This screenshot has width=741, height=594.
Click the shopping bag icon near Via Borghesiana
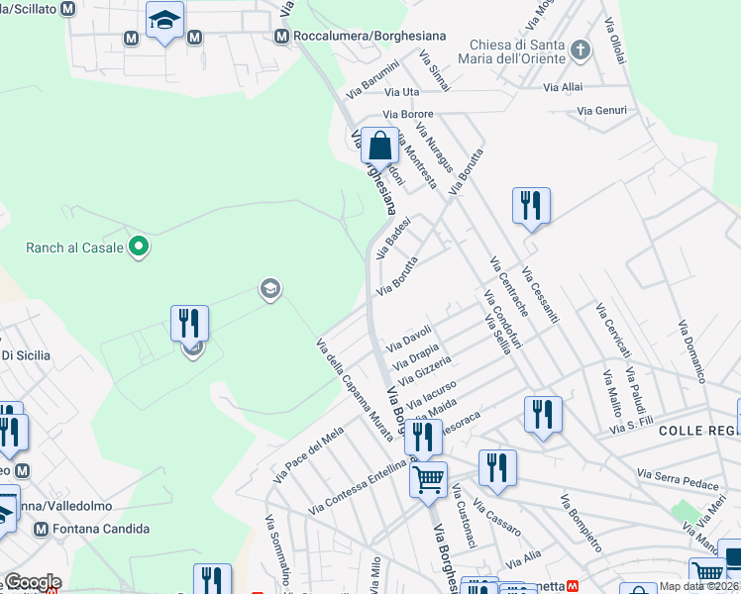tap(379, 147)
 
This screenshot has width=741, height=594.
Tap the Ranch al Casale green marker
tap(140, 247)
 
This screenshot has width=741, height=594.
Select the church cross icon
tap(582, 49)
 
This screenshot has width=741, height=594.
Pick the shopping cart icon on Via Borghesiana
tap(428, 481)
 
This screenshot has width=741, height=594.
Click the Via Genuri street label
tap(601, 110)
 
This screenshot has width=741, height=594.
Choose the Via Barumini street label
tap(372, 79)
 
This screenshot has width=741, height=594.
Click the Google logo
tap(32, 582)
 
